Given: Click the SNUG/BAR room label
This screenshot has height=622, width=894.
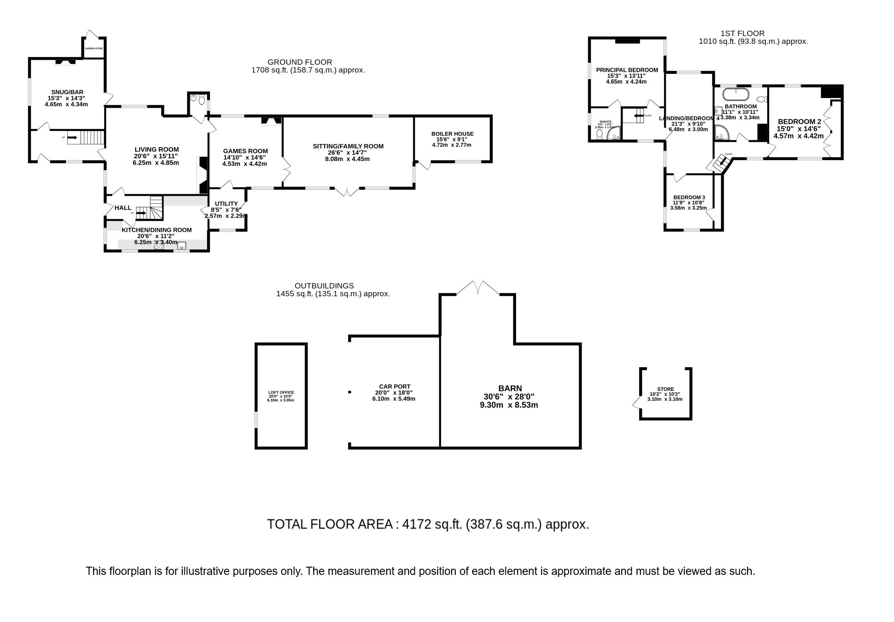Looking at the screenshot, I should tap(66, 92).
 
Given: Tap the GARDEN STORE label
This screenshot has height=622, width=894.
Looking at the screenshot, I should tap(94, 48).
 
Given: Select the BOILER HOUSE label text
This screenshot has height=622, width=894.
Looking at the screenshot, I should tap(452, 134).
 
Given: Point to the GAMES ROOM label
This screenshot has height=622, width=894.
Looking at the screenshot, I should tap(245, 151).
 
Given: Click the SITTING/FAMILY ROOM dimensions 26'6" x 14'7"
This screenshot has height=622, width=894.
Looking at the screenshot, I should tap(348, 152).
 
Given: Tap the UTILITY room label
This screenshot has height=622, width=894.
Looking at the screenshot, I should tap(226, 204).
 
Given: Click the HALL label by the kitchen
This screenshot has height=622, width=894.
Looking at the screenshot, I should tap(123, 208).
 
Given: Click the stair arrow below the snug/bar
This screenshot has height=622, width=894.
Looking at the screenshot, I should tap(72, 138).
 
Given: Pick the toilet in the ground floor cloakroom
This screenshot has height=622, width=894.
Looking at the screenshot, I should tap(200, 100).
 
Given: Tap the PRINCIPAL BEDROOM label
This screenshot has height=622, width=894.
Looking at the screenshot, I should tap(627, 70).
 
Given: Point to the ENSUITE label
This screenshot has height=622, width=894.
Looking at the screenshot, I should tap(605, 122).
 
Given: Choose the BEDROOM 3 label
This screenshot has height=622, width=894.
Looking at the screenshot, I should tap(689, 197).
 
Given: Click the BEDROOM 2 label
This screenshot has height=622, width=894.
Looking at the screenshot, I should tap(799, 121).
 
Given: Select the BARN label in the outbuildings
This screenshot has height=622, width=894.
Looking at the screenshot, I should tap(510, 388).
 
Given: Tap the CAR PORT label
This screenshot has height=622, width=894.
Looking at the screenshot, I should tap(394, 386).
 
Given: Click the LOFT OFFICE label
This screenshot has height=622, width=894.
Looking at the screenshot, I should tap(281, 393).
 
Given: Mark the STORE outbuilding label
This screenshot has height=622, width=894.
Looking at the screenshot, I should tap(665, 389).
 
